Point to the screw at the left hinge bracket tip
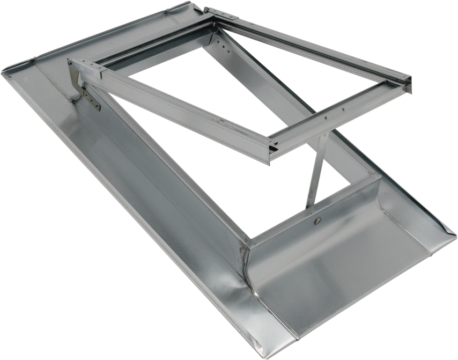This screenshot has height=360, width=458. coord(71,63)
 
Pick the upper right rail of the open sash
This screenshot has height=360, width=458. coord(316,46)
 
